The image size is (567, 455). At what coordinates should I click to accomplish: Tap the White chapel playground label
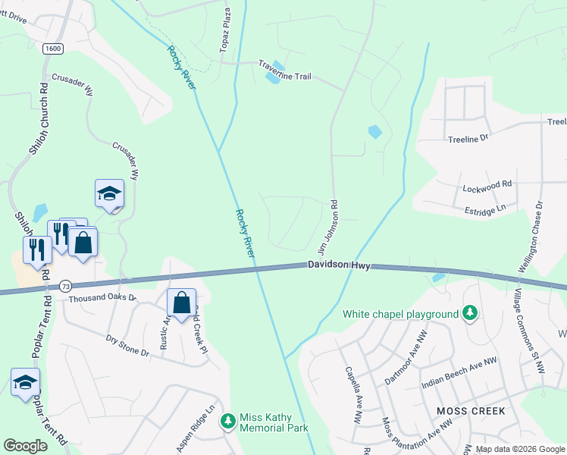point(401,314)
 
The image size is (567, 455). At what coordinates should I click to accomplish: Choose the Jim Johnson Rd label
point(327,226)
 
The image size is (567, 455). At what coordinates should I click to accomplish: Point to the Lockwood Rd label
point(487,184)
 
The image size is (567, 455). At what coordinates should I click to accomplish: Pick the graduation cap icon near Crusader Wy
point(109,194)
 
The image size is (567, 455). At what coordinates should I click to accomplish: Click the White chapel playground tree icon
point(470,313)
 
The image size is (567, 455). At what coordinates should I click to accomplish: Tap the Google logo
point(26,446)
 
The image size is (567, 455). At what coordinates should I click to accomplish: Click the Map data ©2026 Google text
point(520,449)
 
